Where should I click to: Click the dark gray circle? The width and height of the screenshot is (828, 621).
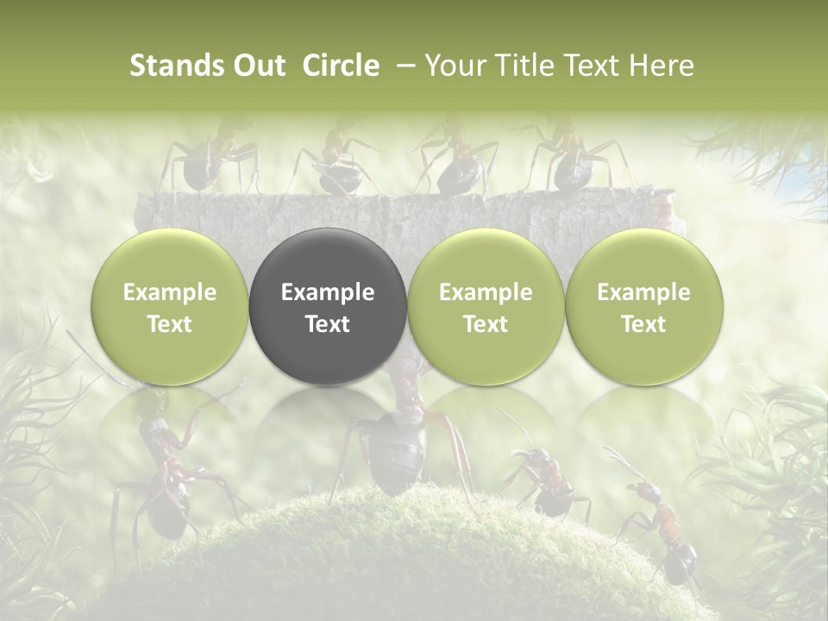point(328,307)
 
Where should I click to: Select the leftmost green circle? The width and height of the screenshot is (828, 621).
point(169,307)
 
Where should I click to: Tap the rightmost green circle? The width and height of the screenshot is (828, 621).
point(643,307)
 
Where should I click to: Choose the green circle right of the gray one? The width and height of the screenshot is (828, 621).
point(486,307)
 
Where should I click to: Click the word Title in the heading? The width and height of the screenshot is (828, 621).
point(530,66)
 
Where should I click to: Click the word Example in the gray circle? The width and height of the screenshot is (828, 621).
point(328,292)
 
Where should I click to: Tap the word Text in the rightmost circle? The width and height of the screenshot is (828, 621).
point(643,324)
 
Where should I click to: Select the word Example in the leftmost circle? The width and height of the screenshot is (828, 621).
point(169,292)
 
